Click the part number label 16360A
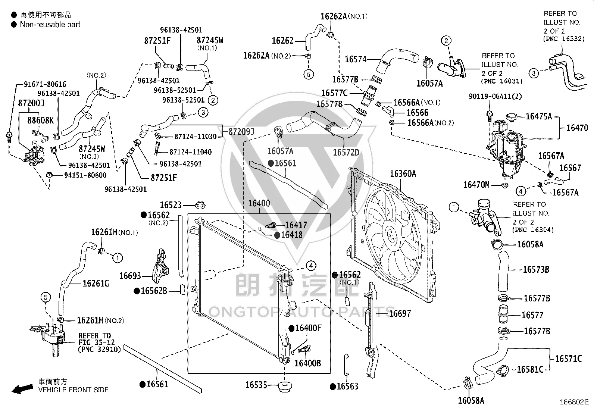click(403, 174)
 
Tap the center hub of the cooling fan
click(390, 234)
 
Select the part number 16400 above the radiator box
click(259, 203)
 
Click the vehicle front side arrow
click(22, 388)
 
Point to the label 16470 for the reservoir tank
click(577, 128)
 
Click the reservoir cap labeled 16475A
click(512, 117)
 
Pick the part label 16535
click(256, 385)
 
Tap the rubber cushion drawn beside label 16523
click(200, 205)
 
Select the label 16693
click(130, 276)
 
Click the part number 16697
click(400, 313)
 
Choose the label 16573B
click(536, 269)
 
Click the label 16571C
click(568, 359)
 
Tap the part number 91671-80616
click(45, 84)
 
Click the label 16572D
click(346, 153)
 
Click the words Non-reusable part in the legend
click(50, 25)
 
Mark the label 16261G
click(96, 284)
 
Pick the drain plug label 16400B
click(307, 363)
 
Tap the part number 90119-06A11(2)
click(495, 96)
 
